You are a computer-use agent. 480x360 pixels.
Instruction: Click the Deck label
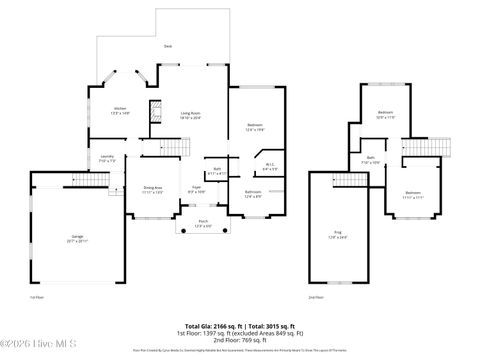point(167,46)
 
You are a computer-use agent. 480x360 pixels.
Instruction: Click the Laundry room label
point(108,158)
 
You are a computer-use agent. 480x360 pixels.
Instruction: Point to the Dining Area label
point(152,189)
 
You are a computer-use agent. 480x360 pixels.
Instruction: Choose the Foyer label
point(197,189)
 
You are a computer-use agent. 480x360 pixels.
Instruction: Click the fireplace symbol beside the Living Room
point(155,111)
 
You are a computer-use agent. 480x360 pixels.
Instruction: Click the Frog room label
point(336,235)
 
